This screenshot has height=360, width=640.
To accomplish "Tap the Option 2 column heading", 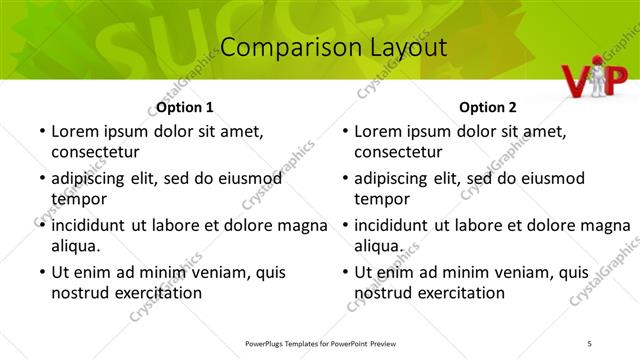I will click(x=488, y=107).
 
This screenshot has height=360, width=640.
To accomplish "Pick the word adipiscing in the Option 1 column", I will click(x=93, y=179).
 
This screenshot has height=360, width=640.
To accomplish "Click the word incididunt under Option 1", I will click(x=95, y=225).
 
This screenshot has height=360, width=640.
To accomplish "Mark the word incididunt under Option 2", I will click(x=398, y=225).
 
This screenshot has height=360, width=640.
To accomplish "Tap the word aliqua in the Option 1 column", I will click(x=76, y=246).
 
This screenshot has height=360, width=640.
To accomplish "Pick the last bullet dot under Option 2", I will click(x=343, y=272).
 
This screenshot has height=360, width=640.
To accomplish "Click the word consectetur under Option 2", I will click(x=398, y=152).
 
